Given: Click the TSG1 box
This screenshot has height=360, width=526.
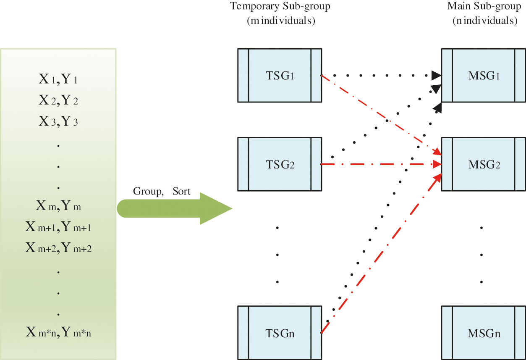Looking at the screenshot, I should [x=280, y=76].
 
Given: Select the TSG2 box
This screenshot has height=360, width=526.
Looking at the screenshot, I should [x=280, y=164].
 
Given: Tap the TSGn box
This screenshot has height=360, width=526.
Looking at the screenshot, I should [x=280, y=333].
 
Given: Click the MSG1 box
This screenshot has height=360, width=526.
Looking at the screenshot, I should [x=484, y=76].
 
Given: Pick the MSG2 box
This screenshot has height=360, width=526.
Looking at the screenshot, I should [x=484, y=164].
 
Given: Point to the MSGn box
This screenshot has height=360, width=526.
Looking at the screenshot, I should [x=484, y=333].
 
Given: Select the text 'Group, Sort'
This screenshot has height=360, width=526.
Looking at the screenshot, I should [x=162, y=192].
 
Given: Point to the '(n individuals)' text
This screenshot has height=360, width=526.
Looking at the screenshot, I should [x=484, y=21].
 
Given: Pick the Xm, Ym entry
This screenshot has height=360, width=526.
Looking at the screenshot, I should [x=58, y=206].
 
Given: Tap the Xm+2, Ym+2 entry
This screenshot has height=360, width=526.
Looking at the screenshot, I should [x=58, y=248].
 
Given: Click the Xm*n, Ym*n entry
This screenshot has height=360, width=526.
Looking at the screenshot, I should [x=58, y=333].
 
